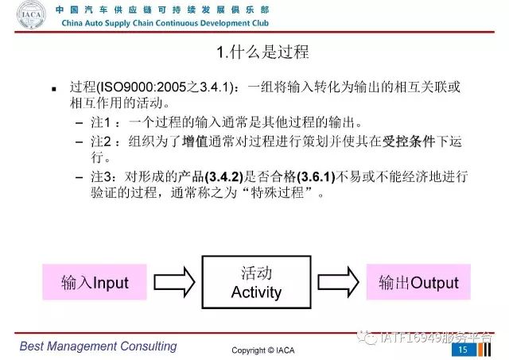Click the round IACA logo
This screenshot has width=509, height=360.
[31, 15]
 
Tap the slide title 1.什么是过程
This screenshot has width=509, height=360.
[262, 52]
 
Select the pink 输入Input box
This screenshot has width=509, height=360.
[95, 282]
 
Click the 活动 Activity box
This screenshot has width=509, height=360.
[256, 282]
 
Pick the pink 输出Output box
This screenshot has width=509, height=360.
[418, 282]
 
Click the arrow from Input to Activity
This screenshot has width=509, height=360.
[174, 282]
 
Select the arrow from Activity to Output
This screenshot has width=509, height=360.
[338, 282]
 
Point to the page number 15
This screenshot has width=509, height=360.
[463, 350]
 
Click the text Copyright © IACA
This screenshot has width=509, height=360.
[263, 350]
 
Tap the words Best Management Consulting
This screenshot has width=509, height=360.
[98, 346]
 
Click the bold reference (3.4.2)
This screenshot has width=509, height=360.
[224, 176]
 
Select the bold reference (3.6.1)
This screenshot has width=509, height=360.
[316, 176]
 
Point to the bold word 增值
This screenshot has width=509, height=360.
[195, 141]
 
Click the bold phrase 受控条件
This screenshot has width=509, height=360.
[409, 141]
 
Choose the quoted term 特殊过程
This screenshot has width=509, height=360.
[278, 193]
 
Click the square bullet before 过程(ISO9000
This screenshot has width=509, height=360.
[54, 89]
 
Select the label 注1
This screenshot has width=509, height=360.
[101, 122]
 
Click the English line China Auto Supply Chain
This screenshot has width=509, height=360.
[165, 23]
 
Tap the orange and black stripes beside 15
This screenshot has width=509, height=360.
[484, 350]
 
